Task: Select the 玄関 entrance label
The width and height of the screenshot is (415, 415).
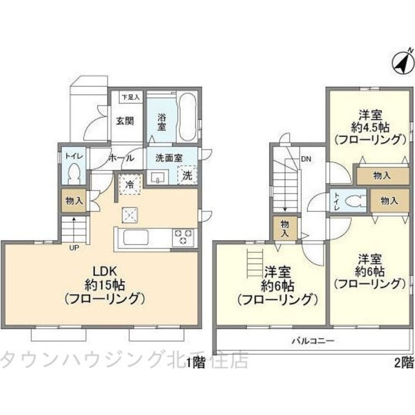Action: (x=124, y=121)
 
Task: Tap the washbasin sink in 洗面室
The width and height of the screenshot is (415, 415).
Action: (x=158, y=178)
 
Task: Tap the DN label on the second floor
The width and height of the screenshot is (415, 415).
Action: (x=306, y=158)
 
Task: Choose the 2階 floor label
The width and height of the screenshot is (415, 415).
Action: (x=403, y=363)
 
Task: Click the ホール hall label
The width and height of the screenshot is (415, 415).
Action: (x=121, y=158)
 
